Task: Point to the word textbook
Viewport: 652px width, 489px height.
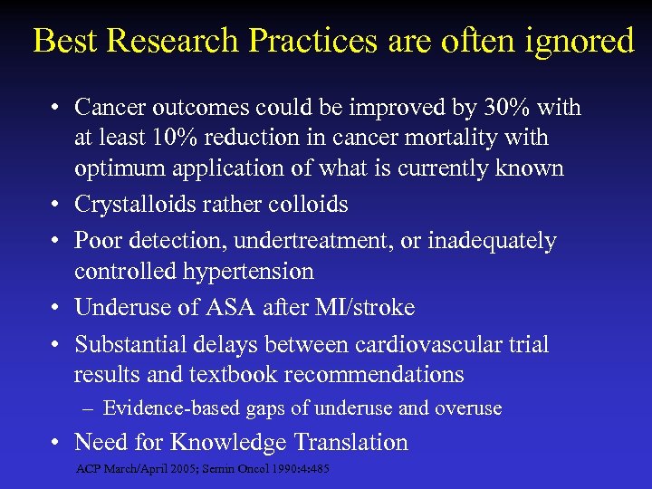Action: coord(251,375)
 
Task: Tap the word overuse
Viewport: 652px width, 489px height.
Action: coord(468,408)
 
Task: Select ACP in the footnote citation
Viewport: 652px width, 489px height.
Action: coord(89,469)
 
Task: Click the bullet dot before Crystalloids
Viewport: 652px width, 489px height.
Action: coord(56,206)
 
